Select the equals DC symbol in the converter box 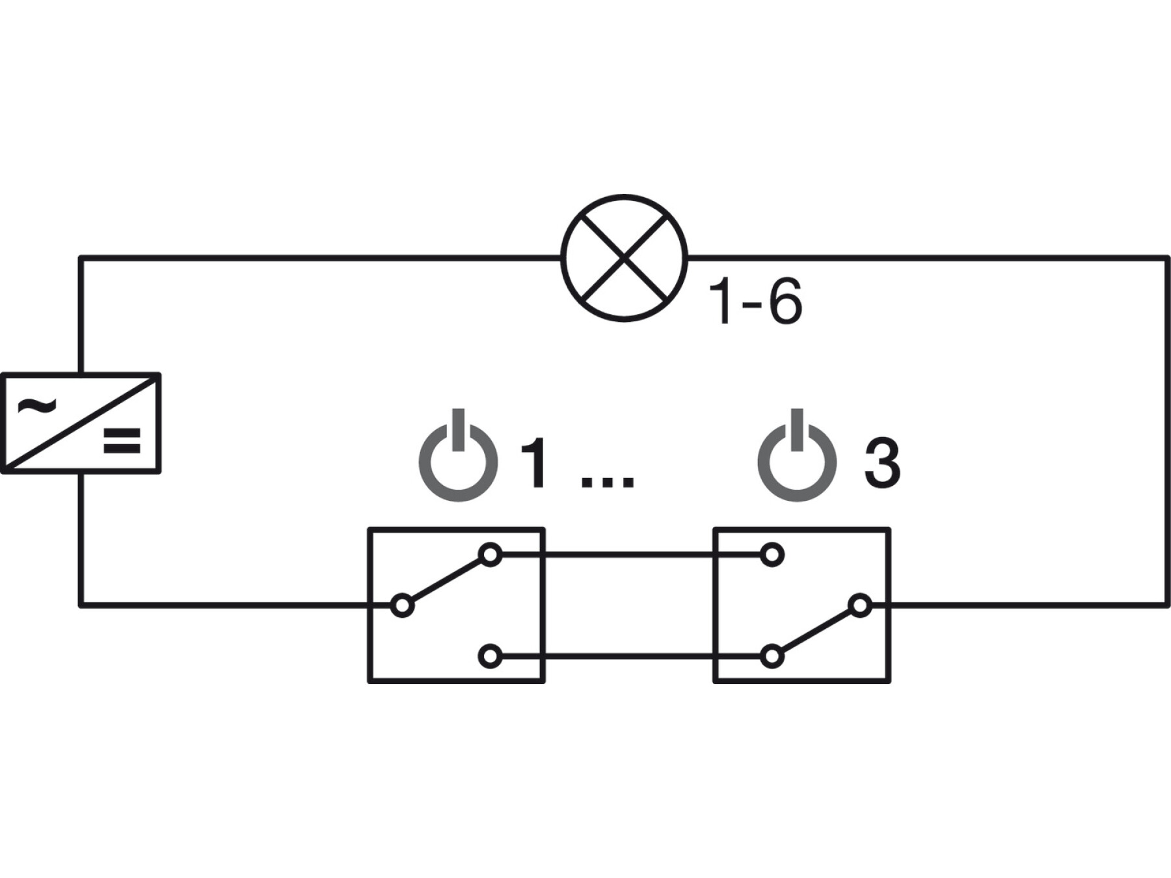click(122, 440)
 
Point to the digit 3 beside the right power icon click(882, 463)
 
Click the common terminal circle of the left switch click(402, 605)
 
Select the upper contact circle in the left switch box click(490, 555)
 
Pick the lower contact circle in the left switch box click(490, 656)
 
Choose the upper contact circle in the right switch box click(772, 555)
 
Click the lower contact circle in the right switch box click(772, 656)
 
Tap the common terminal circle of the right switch click(860, 605)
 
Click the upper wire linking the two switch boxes click(631, 555)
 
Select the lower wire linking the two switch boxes click(631, 656)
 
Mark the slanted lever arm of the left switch click(446, 580)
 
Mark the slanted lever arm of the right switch click(816, 631)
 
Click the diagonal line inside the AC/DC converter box click(81, 423)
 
